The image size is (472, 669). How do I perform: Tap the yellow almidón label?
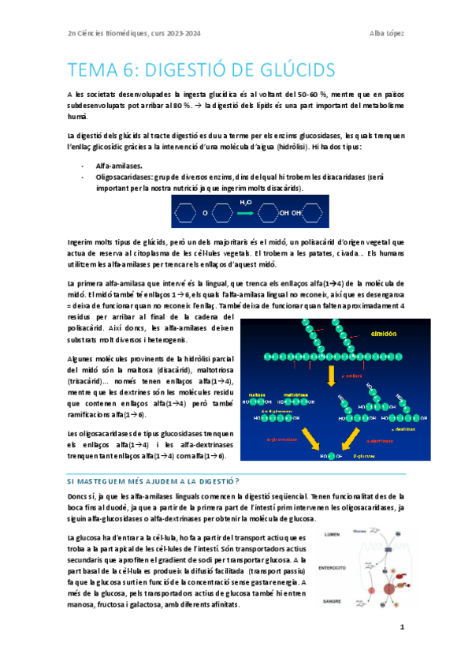383,334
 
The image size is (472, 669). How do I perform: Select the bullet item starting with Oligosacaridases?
197,178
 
